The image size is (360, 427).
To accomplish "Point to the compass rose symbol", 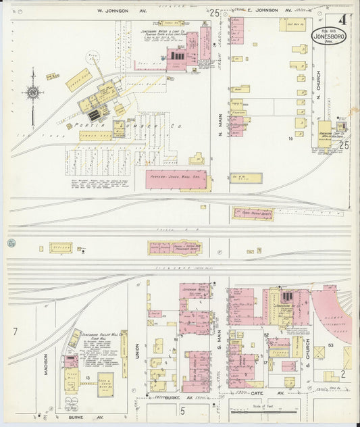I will click(32, 93).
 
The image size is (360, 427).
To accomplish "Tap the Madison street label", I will click(46, 363).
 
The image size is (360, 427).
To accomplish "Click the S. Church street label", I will click(307, 369).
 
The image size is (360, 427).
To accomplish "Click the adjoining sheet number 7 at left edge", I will click(14, 332).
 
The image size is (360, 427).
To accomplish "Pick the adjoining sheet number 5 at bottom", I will click(182, 407).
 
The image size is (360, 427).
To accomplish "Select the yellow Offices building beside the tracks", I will click(60, 247).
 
